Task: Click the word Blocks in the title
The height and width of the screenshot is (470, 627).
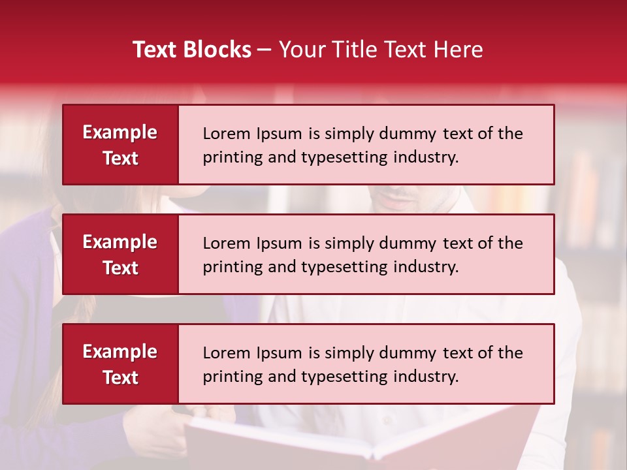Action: point(215,50)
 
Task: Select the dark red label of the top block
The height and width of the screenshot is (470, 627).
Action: point(120,145)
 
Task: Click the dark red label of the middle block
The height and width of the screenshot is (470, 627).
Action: point(120,255)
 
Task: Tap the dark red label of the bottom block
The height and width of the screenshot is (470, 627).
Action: point(120,364)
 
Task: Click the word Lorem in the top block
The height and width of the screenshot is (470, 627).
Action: point(224,134)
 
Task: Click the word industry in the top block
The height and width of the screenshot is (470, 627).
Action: point(425,157)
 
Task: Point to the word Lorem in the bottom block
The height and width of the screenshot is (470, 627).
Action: point(224,353)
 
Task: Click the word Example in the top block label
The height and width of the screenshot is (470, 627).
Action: point(120,133)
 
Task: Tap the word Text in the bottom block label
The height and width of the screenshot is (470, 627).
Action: point(120,377)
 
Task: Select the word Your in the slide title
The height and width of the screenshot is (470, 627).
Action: point(300,50)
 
